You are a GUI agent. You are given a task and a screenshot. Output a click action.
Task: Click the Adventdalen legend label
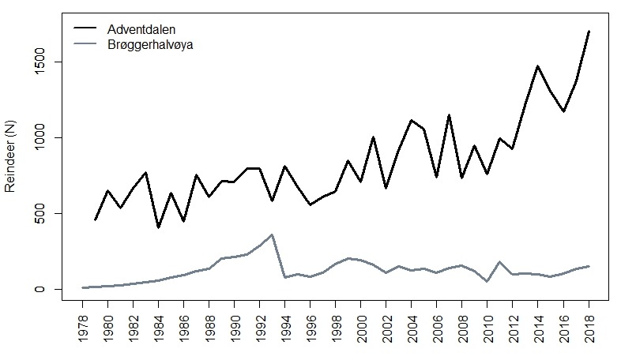(x=141, y=29)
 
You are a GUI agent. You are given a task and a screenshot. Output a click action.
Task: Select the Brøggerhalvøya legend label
(x=149, y=44)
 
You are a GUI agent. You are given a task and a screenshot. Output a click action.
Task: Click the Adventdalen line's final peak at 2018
(x=589, y=32)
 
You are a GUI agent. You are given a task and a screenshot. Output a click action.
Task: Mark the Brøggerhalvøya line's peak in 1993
(x=273, y=234)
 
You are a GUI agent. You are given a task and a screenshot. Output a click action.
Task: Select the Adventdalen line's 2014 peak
(x=538, y=66)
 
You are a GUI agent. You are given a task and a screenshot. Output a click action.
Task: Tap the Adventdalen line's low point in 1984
(x=159, y=227)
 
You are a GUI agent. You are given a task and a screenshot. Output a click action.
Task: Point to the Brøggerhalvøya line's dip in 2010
(x=487, y=281)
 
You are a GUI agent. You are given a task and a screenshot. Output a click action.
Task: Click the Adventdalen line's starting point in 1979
(x=96, y=219)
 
